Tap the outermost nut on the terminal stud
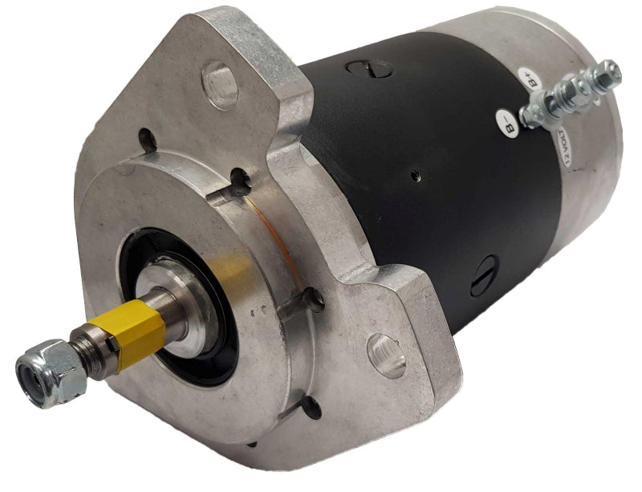click(608, 72)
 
